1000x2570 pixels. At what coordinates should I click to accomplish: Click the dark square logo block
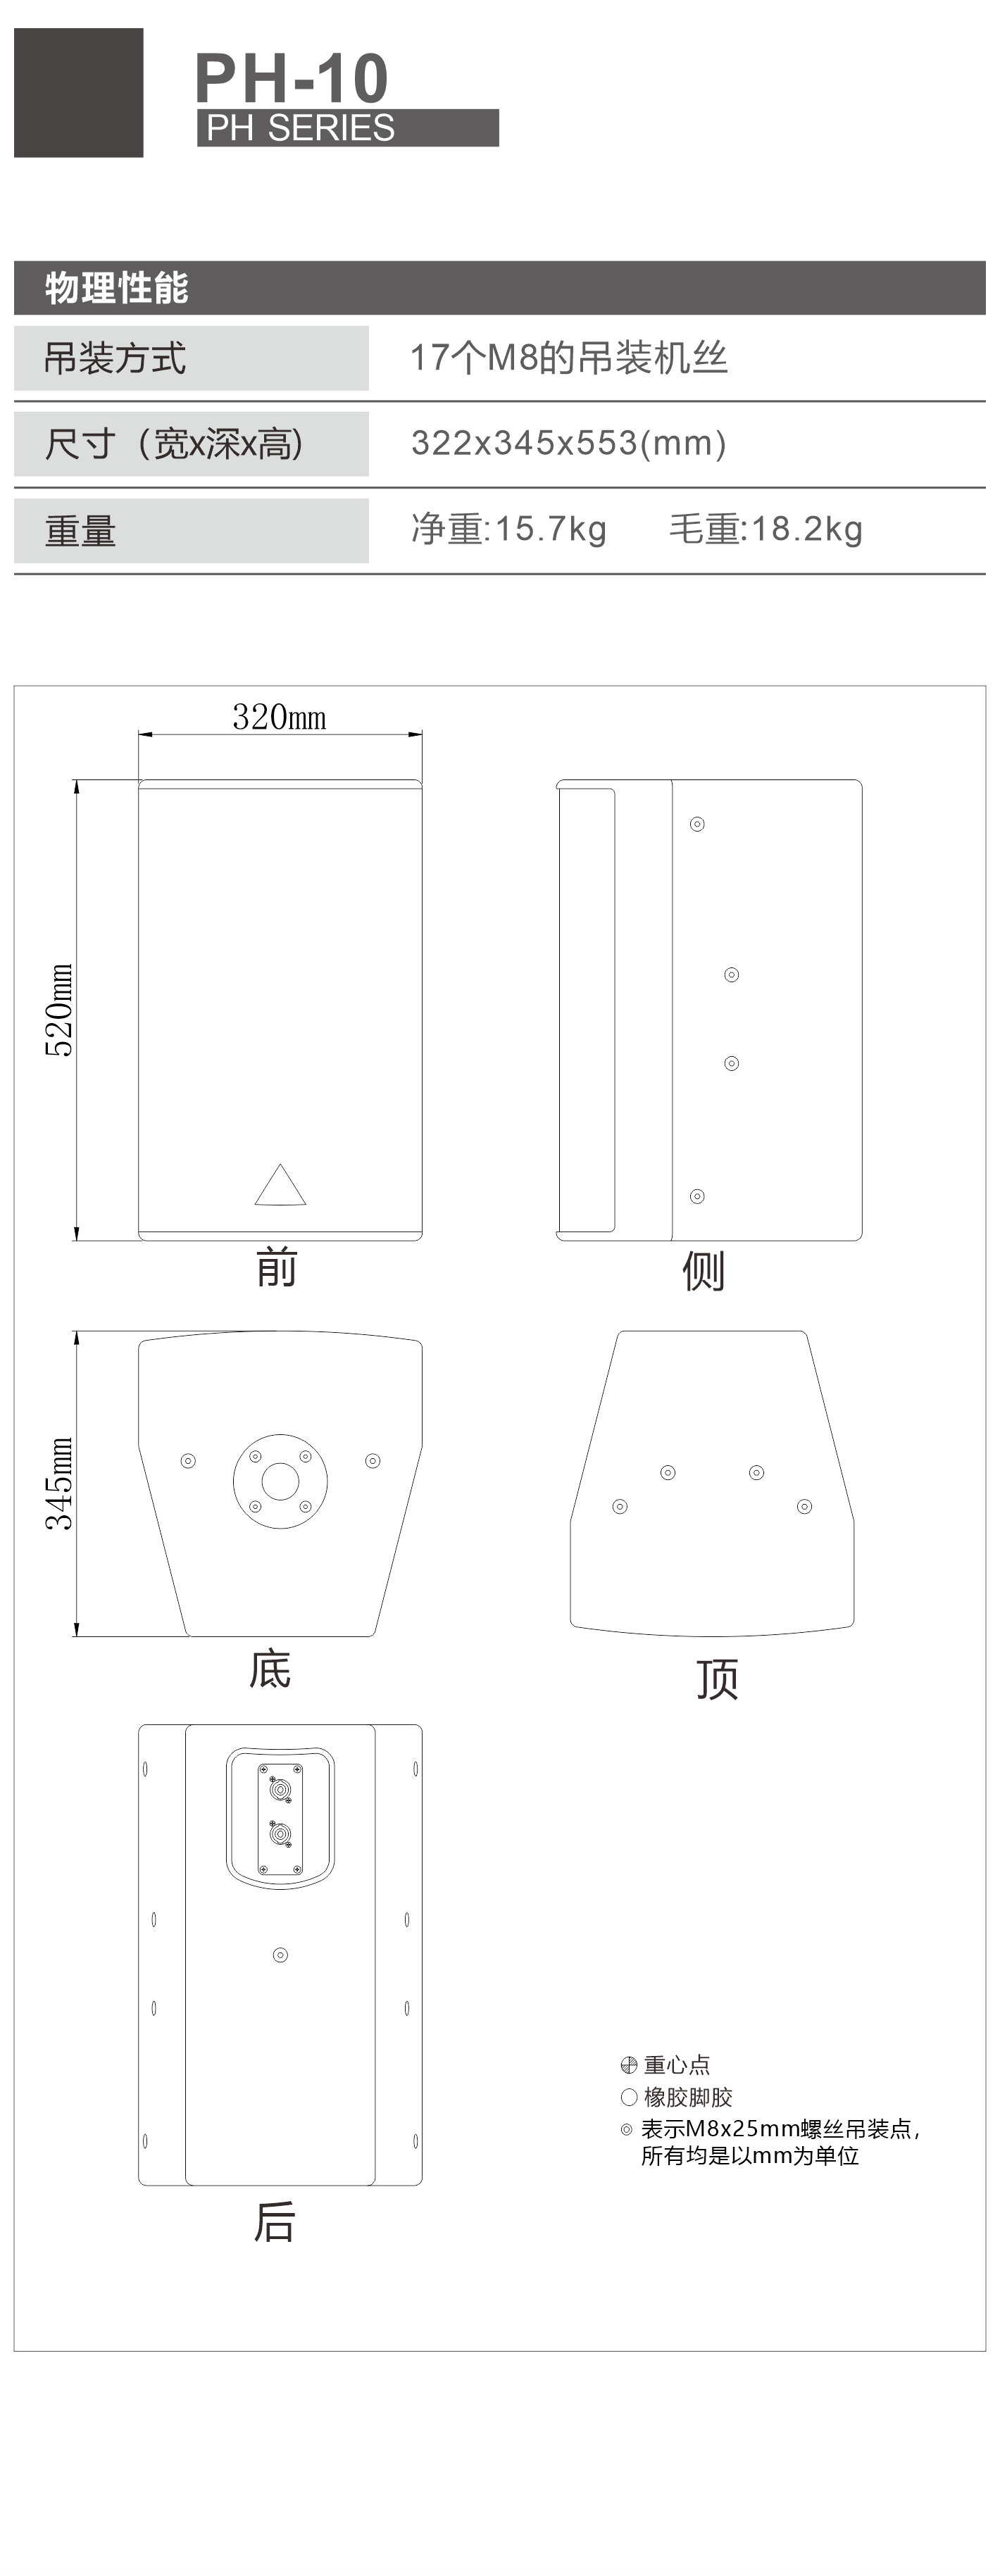pyautogui.click(x=79, y=93)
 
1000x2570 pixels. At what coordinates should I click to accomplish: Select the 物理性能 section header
pyautogui.click(x=117, y=288)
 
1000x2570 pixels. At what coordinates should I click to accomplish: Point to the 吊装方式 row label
pyautogui.click(x=115, y=358)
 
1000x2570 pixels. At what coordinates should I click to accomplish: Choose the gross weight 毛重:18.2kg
pyautogui.click(x=765, y=529)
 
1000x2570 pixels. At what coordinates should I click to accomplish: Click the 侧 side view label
pyautogui.click(x=704, y=1271)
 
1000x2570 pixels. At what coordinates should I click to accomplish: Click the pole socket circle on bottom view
pyautogui.click(x=280, y=1481)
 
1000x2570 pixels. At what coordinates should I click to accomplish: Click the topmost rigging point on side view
pyautogui.click(x=698, y=824)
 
